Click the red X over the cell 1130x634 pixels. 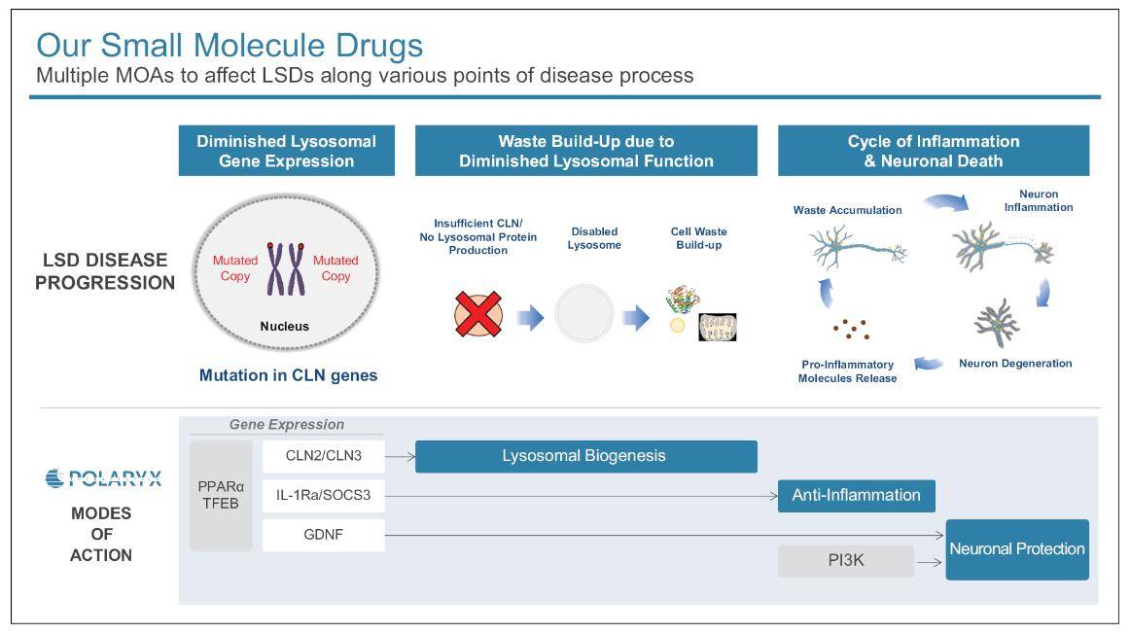[478, 315]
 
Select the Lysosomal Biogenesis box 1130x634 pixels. [585, 456]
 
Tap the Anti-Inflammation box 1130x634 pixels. [856, 495]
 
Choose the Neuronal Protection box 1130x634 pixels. [1017, 549]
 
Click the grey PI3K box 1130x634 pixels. [845, 561]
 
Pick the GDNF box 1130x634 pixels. [323, 535]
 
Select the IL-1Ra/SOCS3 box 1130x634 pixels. [323, 496]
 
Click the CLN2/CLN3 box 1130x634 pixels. [323, 456]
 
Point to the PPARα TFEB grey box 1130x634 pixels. [221, 495]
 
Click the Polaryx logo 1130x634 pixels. [103, 478]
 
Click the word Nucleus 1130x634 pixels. [285, 327]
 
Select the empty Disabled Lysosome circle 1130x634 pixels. [584, 313]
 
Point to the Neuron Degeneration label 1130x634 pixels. [1015, 364]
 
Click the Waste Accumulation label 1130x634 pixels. [847, 210]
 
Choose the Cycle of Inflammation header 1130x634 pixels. [933, 151]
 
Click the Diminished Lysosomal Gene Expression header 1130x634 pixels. [286, 151]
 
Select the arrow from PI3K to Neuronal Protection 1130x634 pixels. [929, 562]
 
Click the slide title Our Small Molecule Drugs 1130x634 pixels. [230, 45]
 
